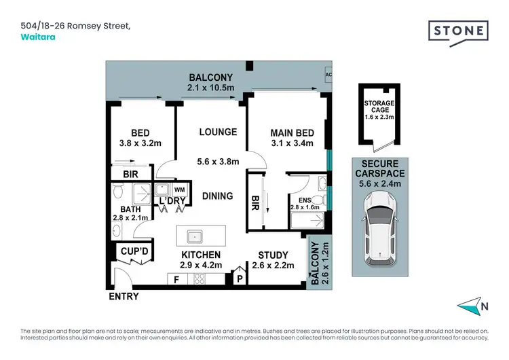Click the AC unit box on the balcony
pos(329,75)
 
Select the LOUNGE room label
pos(218,132)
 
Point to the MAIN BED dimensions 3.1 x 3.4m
pos(291,143)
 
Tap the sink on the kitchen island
pos(195,236)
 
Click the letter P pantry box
pos(240,277)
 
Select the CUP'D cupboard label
pos(134,251)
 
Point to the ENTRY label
pos(123,296)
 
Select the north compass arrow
pos(468,306)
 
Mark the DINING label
pos(217,196)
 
